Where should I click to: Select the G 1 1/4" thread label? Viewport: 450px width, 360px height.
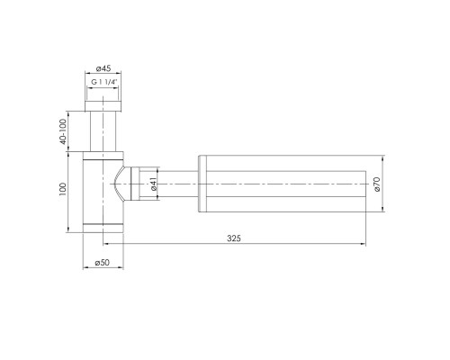(104, 82)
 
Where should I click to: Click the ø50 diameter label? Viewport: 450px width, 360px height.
(103, 263)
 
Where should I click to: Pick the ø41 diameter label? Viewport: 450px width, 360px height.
(156, 185)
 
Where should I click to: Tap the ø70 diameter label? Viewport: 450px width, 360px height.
(379, 184)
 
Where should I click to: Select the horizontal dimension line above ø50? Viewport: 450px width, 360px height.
(103, 254)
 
